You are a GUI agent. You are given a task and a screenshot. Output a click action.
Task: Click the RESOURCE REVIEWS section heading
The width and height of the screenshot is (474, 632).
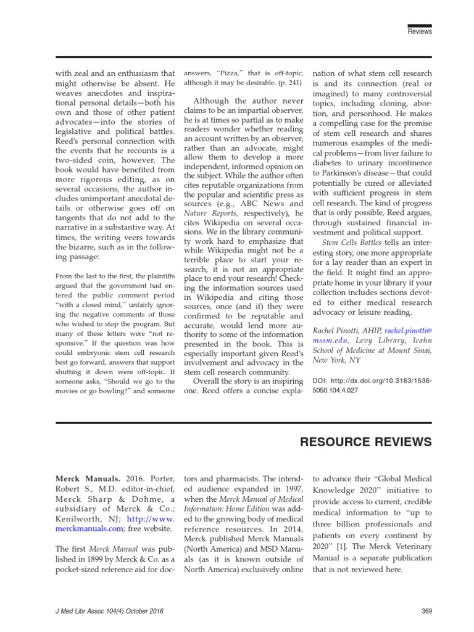pyautogui.click(x=365, y=443)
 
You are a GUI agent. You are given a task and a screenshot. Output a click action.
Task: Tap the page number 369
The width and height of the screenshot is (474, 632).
pyautogui.click(x=425, y=610)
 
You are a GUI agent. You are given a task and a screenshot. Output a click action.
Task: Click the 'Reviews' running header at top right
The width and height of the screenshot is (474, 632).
pyautogui.click(x=420, y=31)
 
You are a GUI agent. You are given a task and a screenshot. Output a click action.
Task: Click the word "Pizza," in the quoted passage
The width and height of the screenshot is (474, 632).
pyautogui.click(x=227, y=72)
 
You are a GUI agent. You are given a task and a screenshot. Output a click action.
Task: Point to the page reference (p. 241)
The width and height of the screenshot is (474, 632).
pyautogui.click(x=288, y=82)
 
